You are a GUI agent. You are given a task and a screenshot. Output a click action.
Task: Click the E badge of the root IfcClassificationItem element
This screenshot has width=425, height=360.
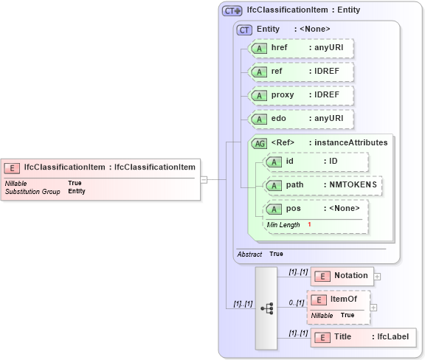point(13,167)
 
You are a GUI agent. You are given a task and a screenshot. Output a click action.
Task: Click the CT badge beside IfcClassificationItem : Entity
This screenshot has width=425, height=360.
point(232,11)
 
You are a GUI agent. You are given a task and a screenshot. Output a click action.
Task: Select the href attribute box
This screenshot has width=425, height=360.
point(301,48)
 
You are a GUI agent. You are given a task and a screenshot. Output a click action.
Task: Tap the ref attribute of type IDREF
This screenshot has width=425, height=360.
point(301,72)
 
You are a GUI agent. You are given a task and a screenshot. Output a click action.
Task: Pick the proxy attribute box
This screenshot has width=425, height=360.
point(301,95)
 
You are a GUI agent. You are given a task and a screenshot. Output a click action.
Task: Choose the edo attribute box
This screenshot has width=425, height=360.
point(301,119)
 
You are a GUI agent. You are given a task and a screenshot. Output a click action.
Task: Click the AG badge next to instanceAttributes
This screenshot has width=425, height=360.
point(259,143)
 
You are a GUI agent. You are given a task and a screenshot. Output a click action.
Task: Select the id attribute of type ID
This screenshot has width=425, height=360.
point(315,162)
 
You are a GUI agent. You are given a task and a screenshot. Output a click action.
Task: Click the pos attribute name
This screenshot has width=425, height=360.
point(294,209)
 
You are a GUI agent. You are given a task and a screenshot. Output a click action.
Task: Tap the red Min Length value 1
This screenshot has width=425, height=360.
point(309,224)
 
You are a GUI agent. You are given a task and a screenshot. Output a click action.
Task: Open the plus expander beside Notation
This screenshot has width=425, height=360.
point(378,277)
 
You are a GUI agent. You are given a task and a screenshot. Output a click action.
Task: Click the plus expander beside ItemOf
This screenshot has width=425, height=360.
point(373,308)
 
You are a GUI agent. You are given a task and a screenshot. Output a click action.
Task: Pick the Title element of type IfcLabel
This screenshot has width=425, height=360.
point(362,337)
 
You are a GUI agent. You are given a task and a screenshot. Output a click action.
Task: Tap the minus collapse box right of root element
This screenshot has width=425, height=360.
point(204,179)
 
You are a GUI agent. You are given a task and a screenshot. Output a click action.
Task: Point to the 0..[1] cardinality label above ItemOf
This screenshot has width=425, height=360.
point(297,302)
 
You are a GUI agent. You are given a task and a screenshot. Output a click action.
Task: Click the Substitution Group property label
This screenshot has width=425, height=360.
point(32,191)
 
